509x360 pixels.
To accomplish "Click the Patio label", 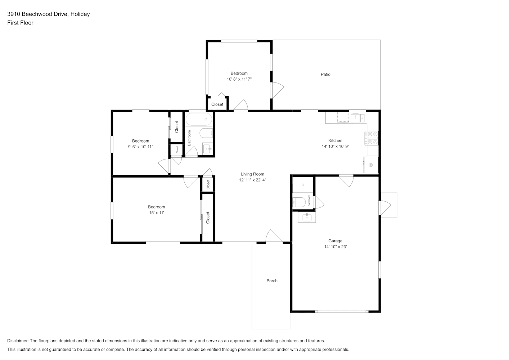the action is point(325,74).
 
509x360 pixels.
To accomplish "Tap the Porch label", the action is point(272,281).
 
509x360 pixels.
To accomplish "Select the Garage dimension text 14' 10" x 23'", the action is point(335,247).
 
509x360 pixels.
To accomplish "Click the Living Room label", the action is point(252,174).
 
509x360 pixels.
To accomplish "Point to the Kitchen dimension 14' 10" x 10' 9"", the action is point(335,147).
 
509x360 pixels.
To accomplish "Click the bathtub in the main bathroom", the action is point(199,119).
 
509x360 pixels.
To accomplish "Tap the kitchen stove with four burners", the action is point(371,138).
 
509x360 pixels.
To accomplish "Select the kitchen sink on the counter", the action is point(358,118).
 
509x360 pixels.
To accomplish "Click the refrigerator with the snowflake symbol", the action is point(371,165).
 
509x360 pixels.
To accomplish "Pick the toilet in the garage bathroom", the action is point(299,202).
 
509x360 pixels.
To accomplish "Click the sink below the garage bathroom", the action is point(307,217).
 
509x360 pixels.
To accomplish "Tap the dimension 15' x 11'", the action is point(157,213).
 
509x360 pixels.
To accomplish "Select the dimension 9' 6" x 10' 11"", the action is point(140,147).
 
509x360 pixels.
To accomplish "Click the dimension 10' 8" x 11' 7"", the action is point(239,79).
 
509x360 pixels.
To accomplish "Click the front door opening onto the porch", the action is point(274,237).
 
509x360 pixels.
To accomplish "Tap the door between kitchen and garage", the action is point(346,181).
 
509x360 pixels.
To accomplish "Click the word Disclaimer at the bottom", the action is point(18,341).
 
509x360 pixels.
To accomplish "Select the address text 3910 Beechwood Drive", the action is point(37,14).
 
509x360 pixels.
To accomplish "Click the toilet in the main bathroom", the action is point(206,133).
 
